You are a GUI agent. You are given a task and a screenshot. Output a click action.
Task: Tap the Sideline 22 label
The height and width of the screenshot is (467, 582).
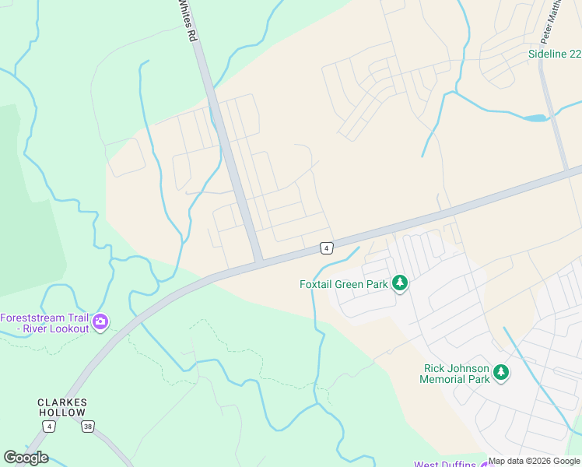[x=554, y=54]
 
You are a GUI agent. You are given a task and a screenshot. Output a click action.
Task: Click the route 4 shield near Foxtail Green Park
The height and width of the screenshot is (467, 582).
[x=327, y=248]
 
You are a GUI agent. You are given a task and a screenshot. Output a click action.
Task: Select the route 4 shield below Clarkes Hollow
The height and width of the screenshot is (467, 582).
[x=50, y=427]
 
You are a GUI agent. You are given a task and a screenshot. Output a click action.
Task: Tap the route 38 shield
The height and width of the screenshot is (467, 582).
[x=88, y=427]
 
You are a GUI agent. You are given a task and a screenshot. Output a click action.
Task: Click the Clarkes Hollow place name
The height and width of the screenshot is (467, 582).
[x=62, y=407]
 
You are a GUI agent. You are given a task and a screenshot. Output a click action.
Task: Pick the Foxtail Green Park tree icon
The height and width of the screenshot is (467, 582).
[x=400, y=283]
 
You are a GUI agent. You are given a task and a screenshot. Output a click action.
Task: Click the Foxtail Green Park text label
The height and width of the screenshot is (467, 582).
[x=344, y=284]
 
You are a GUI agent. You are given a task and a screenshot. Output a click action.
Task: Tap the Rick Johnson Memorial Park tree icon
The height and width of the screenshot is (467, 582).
[x=501, y=373]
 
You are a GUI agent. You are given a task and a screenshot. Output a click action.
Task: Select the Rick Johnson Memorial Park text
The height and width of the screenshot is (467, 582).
[x=456, y=374]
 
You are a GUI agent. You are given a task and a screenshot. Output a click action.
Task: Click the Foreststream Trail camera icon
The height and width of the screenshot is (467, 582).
[x=100, y=321]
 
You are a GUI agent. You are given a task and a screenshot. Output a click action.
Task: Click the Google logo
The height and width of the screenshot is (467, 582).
[x=25, y=458]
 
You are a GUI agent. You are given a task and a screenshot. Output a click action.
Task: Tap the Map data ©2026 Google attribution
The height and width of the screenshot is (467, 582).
[x=534, y=461]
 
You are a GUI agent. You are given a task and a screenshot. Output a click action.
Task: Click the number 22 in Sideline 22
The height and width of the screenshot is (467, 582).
[x=574, y=54]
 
